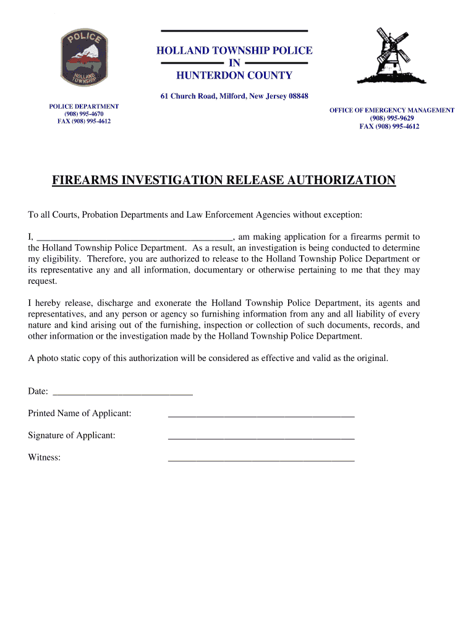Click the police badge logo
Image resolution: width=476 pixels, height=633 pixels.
click(83, 58)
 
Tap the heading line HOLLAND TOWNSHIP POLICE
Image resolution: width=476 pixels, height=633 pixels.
click(234, 50)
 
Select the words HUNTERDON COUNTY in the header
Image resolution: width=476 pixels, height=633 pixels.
click(234, 75)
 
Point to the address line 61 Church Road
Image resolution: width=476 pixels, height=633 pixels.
click(234, 96)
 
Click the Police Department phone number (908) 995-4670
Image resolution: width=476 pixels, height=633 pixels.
click(84, 114)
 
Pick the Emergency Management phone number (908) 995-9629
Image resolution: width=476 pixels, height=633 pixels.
click(391, 118)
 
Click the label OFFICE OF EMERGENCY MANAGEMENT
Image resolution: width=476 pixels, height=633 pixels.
click(391, 110)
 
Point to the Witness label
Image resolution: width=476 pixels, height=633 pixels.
click(44, 457)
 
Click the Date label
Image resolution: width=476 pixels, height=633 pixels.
click(38, 391)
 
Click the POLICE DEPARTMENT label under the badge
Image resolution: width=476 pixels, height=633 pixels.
click(84, 106)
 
